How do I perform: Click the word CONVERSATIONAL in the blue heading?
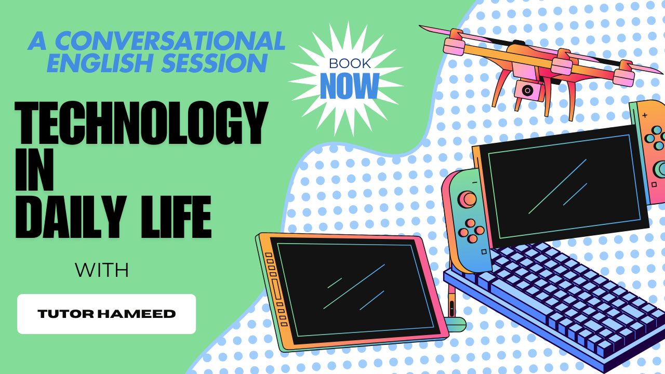(x=170, y=41)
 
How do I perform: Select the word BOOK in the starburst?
(x=350, y=63)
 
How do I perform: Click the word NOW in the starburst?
(x=350, y=86)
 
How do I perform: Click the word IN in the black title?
(x=34, y=169)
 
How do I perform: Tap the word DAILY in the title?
(x=71, y=217)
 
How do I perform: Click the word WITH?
(x=102, y=270)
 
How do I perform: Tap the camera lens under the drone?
(x=527, y=90)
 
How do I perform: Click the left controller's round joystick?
(x=468, y=199)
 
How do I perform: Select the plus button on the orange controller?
(x=645, y=115)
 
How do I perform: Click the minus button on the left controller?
(x=474, y=182)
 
